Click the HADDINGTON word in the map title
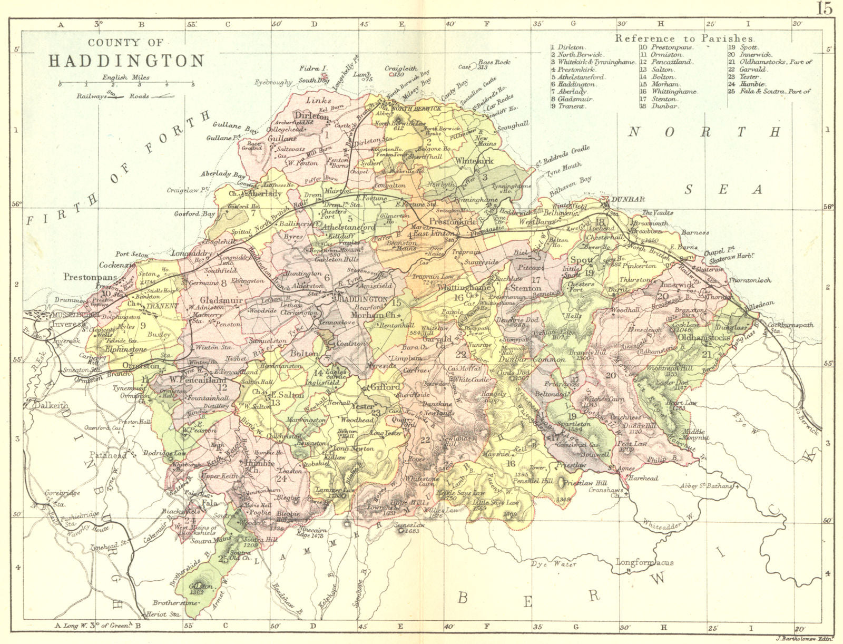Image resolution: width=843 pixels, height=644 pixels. tap(126, 61)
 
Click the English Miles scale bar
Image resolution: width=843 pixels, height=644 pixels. tap(126, 84)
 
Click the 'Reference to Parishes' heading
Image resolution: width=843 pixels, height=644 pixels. tap(685, 38)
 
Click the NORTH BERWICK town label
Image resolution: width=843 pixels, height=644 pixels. tap(421, 108)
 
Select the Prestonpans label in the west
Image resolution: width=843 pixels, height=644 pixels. tap(90, 276)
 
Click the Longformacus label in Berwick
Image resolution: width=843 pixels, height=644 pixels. tap(645, 562)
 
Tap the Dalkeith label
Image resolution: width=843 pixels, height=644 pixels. tap(51, 405)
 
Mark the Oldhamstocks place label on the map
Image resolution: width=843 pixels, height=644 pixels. tap(704, 337)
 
